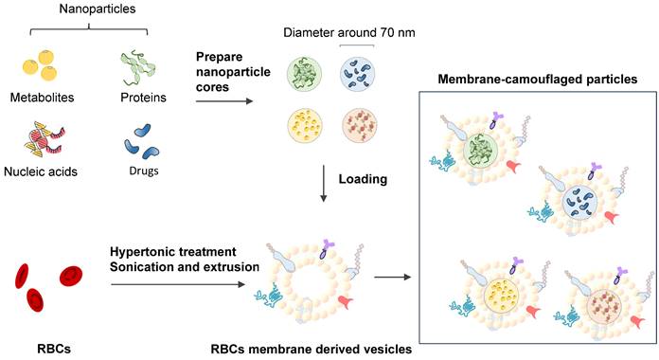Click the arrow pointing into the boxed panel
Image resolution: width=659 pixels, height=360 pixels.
394,279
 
